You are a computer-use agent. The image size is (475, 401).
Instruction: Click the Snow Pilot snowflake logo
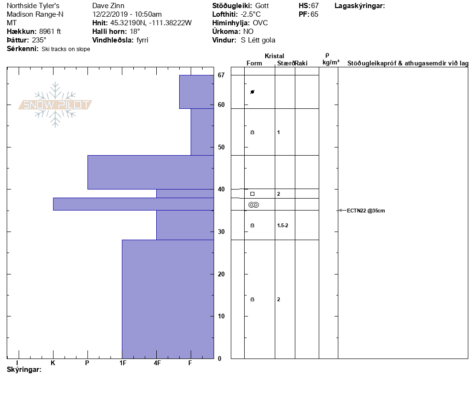point(55,105)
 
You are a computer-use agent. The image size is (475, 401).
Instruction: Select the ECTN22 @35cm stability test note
point(366,211)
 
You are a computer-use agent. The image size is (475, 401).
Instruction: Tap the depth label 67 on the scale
point(221,75)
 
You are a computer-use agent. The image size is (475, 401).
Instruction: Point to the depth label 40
point(221,189)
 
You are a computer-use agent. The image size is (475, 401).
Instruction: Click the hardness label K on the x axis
point(53,363)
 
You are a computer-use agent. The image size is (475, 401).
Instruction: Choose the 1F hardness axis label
point(123,363)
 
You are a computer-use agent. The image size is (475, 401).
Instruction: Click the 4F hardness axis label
point(157,363)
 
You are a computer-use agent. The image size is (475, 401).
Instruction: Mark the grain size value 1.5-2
point(282,225)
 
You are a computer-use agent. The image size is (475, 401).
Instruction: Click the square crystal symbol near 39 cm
point(252,194)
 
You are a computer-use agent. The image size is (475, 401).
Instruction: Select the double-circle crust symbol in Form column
point(254,205)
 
